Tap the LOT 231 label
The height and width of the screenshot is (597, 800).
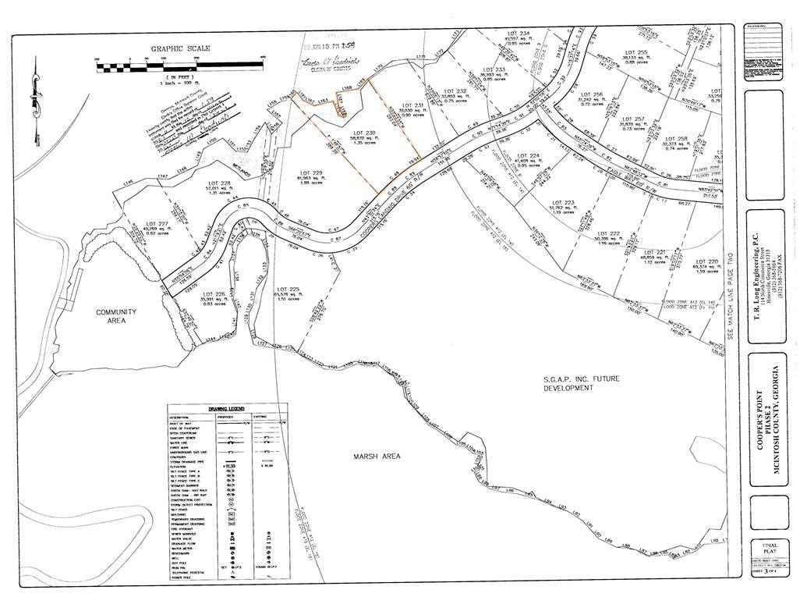coord(412,105)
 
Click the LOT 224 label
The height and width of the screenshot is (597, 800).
coord(529,155)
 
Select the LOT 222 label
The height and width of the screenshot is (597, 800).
coord(609,233)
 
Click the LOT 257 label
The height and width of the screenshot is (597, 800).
coord(634,119)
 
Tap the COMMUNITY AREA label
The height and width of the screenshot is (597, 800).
coord(116,316)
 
